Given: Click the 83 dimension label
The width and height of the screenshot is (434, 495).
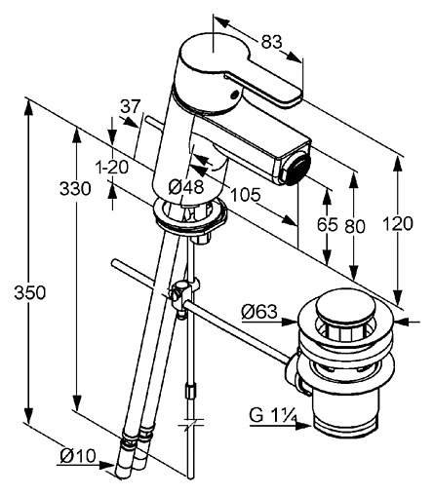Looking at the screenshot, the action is (271, 42).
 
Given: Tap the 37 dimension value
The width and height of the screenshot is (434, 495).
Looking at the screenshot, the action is (131, 106).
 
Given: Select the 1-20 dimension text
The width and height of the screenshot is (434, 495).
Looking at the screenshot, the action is (112, 168).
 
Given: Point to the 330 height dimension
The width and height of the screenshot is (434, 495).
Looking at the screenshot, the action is (75, 189).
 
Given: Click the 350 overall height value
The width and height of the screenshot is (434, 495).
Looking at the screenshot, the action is (30, 292).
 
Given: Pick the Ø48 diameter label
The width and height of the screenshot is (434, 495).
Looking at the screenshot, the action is (186, 187).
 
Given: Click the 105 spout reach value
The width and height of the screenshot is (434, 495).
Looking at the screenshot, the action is (246, 195).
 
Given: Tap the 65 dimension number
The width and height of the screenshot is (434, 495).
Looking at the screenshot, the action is (328, 224).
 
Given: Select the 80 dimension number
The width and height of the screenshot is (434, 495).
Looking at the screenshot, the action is (355, 226).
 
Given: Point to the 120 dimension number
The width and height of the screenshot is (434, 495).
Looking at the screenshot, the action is (398, 223).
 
